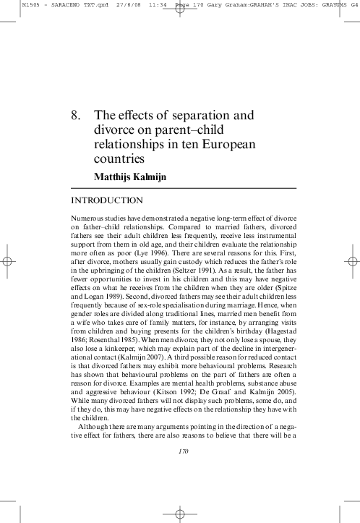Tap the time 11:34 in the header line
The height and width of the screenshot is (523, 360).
point(138,4)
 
